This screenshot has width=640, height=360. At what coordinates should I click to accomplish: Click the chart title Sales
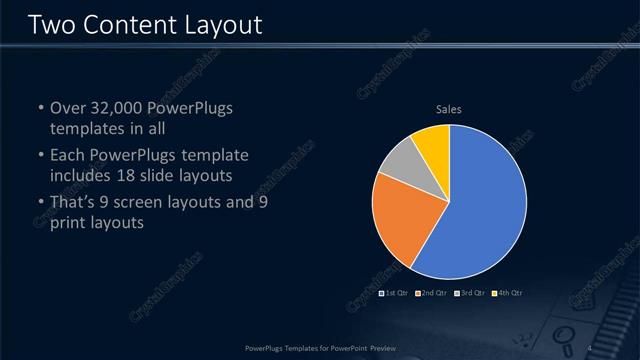[449, 109]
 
